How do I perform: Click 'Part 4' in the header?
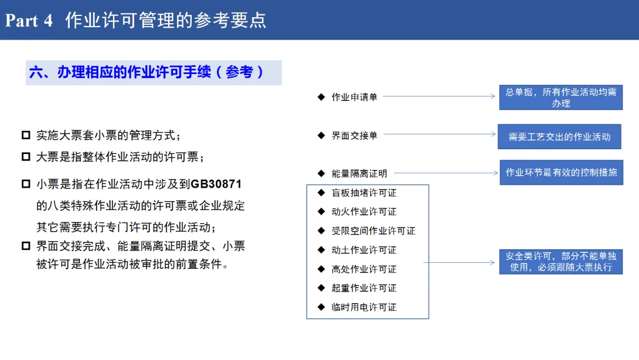click(x=29, y=21)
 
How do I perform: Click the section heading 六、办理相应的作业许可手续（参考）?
click(x=147, y=72)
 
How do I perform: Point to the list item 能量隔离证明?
click(x=359, y=173)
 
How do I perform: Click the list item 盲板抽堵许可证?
click(x=364, y=193)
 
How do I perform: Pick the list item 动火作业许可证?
click(x=364, y=212)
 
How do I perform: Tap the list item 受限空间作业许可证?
click(x=373, y=231)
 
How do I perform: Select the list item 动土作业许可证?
click(x=364, y=250)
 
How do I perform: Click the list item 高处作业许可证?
click(x=364, y=269)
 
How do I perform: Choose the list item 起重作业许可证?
click(x=364, y=288)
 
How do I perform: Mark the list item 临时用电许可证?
click(x=364, y=307)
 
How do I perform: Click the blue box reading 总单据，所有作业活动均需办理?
click(x=561, y=98)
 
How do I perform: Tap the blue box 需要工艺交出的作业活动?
click(x=559, y=137)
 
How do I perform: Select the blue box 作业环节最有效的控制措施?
click(x=561, y=172)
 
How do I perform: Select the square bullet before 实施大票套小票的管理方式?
click(x=26, y=135)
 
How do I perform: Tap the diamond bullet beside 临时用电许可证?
click(x=321, y=307)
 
